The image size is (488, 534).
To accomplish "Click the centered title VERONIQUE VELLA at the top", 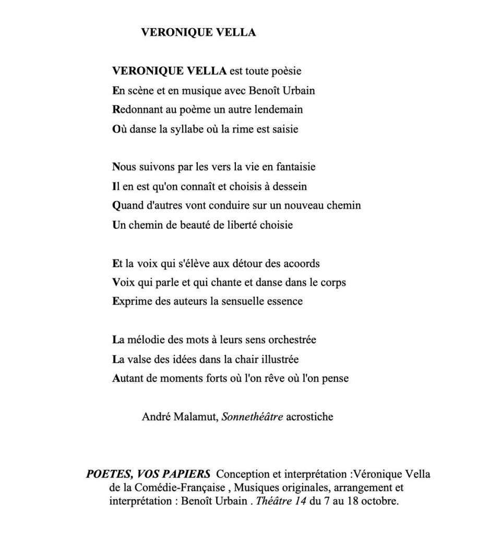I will tap(198, 32).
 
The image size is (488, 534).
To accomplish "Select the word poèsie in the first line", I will tap(285, 70).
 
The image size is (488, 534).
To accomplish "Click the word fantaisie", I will tap(291, 167).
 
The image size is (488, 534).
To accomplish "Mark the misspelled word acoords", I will tap(301, 263).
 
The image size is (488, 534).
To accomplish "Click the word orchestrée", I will tap(291, 340).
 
